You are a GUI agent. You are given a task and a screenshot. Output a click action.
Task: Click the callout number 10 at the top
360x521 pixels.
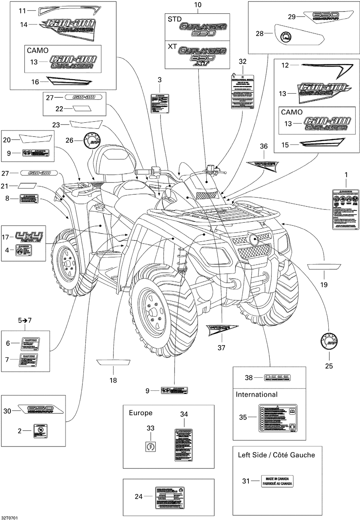198,5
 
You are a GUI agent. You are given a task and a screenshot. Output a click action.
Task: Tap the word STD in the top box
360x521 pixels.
175,19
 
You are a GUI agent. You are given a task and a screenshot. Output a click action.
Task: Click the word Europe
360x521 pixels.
140,413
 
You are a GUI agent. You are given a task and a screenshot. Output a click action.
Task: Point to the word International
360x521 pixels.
257,394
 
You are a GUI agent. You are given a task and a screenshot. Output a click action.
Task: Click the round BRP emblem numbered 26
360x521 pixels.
91,140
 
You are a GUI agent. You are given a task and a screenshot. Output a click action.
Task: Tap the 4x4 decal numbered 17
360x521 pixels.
28,237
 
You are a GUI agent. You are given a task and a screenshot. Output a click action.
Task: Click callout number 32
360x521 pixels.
243,62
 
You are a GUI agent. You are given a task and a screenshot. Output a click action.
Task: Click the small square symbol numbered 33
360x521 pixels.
149,447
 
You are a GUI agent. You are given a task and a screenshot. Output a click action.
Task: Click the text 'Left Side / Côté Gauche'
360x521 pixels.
276,455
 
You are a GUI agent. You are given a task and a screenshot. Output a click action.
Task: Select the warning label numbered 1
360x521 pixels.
345,209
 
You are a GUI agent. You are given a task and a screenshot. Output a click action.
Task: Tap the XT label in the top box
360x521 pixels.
172,46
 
